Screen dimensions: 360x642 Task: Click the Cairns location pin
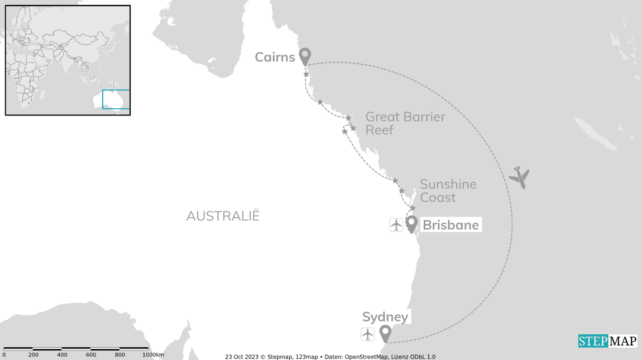(304, 56)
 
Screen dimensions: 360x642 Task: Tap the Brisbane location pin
(411, 224)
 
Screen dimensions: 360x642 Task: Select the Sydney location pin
(385, 333)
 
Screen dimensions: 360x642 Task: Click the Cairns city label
(275, 57)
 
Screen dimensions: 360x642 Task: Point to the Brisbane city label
(451, 225)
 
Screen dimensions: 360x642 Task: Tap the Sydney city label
(385, 318)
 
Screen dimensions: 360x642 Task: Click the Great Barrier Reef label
(405, 123)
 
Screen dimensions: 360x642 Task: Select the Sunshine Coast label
(448, 191)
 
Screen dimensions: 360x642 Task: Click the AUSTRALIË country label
(223, 216)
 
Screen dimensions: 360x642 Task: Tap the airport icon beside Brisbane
(396, 225)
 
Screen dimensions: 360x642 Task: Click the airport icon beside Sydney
(367, 334)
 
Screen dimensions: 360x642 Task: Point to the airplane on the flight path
(519, 177)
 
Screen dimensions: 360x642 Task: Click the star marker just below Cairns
(306, 74)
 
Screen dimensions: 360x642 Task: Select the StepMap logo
(607, 341)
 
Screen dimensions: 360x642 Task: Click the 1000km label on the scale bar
(154, 355)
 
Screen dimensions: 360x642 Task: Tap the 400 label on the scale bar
(62, 355)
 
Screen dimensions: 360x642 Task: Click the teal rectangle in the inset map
(116, 99)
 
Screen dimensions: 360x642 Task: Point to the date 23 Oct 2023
(241, 357)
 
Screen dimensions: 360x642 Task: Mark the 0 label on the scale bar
(4, 355)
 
